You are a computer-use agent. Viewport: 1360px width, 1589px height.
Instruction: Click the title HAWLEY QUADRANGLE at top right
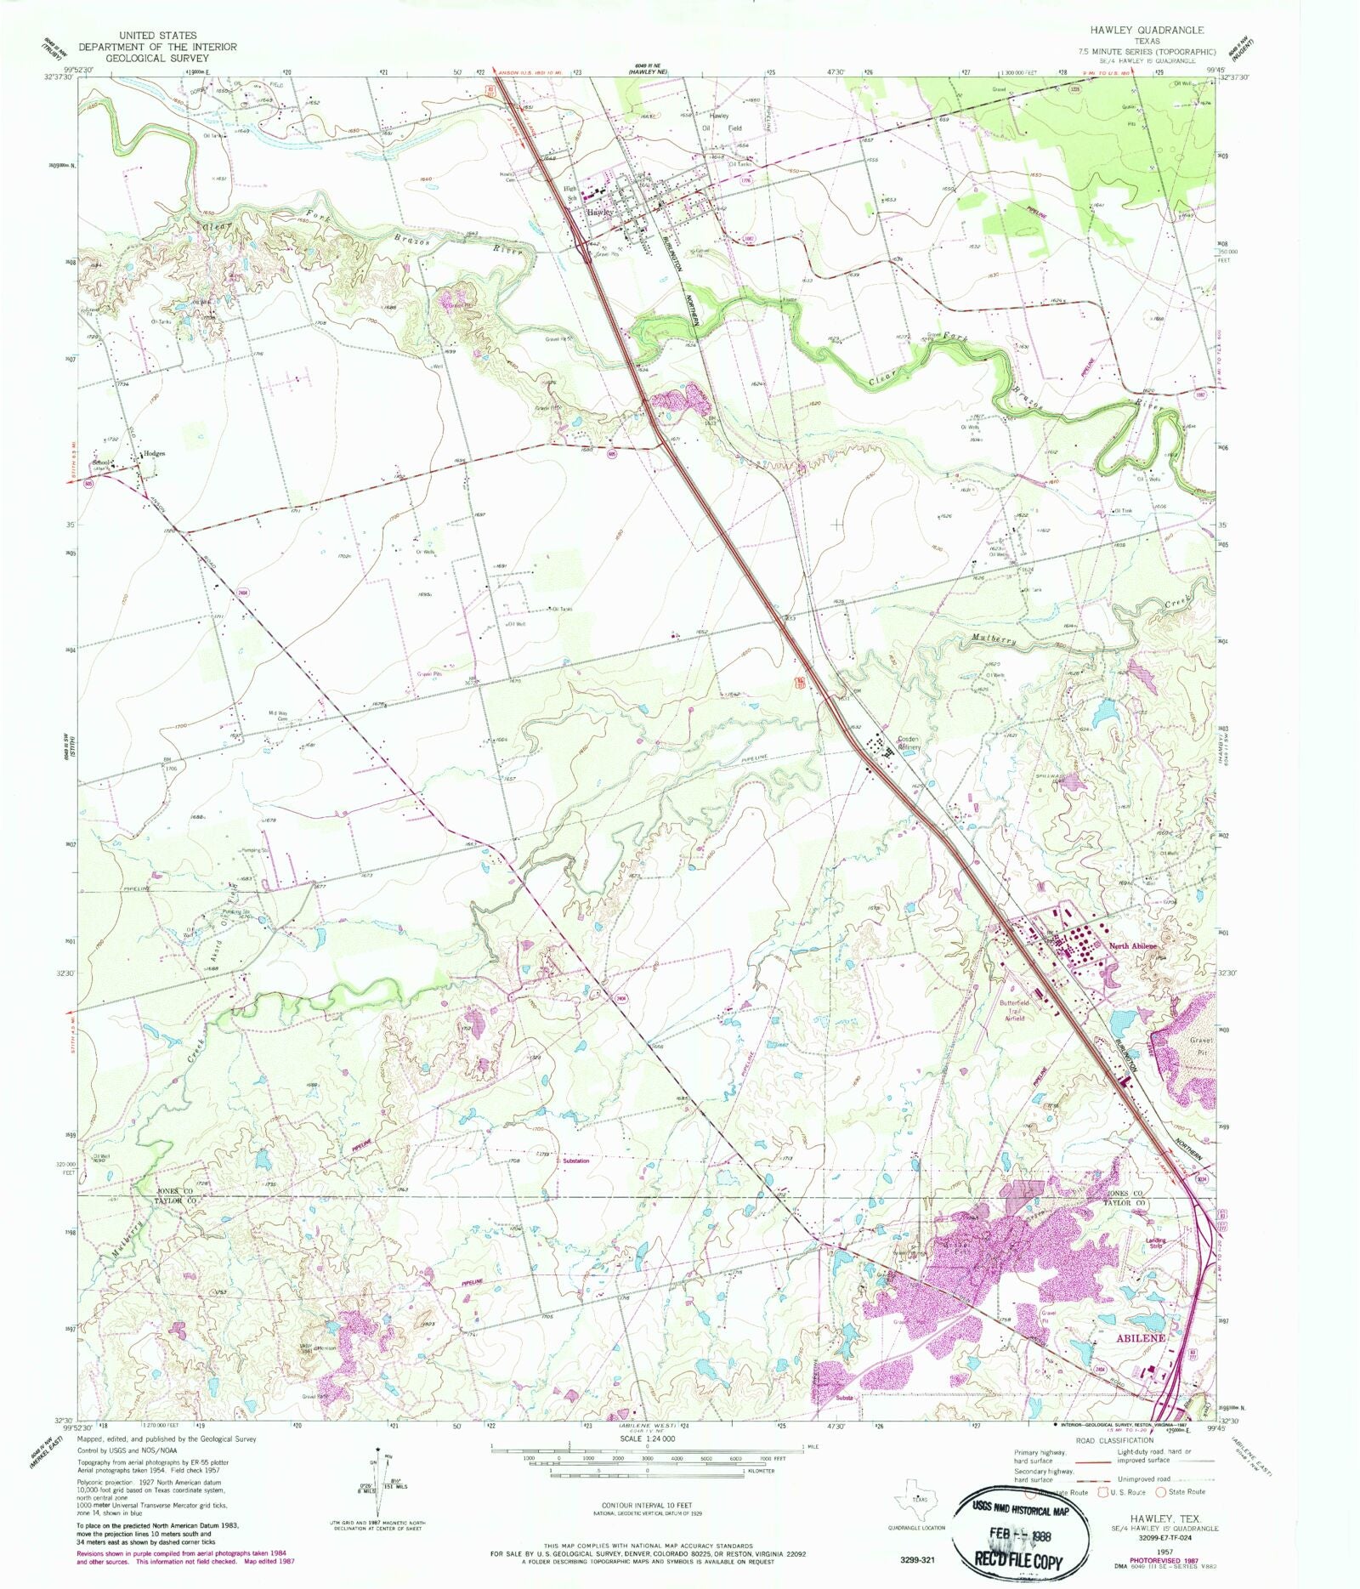pyautogui.click(x=1143, y=29)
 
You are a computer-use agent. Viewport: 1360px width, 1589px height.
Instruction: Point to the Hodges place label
pyautogui.click(x=154, y=454)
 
